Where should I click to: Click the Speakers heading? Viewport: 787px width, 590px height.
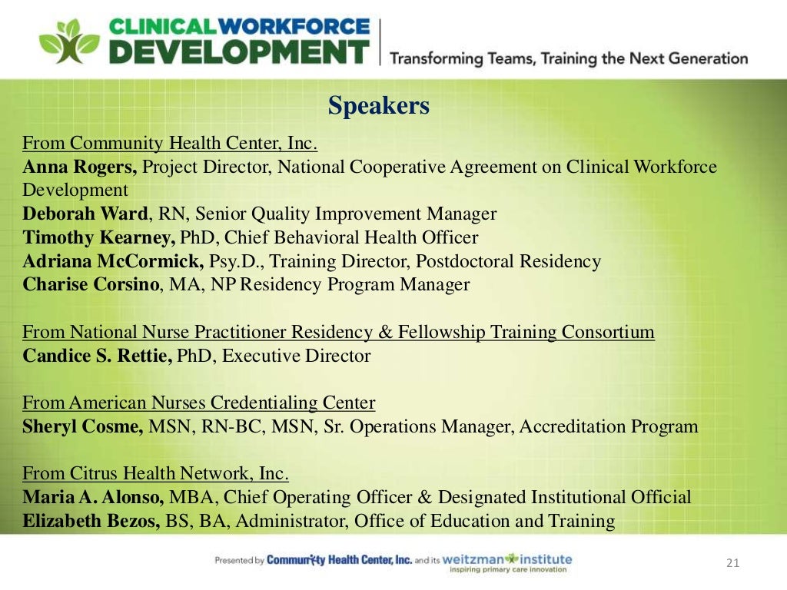point(378,105)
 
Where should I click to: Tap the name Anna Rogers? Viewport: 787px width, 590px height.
point(79,167)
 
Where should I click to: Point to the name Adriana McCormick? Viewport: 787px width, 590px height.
point(113,261)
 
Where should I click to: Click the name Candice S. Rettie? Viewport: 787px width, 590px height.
point(97,356)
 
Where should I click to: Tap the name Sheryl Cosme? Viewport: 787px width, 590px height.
point(82,426)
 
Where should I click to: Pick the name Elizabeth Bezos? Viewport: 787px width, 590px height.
point(91,521)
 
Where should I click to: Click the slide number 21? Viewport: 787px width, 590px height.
point(732,564)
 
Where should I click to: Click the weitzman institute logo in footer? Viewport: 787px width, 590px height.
point(507,562)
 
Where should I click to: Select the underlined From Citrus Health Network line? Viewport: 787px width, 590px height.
point(155,473)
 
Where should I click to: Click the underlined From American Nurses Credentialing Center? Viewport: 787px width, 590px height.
point(198,403)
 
